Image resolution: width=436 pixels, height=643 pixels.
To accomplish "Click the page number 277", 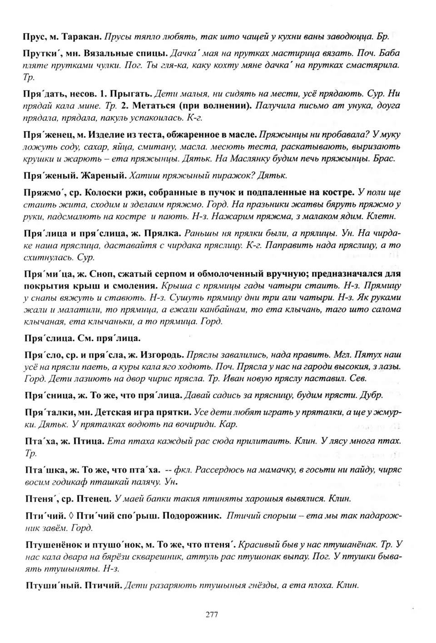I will tap(212, 615).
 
